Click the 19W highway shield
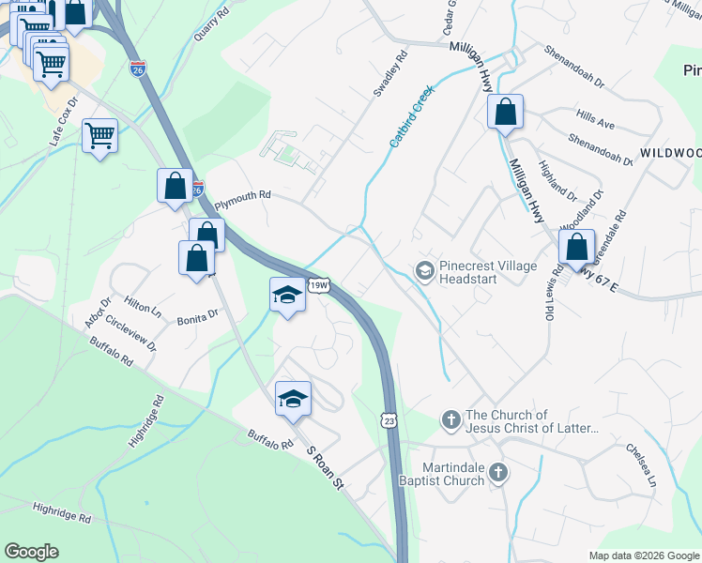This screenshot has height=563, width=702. coord(319,285)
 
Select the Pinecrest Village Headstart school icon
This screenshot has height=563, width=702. coord(424,272)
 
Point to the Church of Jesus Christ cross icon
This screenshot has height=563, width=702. coord(450,421)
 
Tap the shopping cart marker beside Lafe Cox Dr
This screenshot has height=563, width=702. coord(99,135)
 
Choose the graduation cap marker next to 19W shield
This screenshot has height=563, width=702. coord(287,296)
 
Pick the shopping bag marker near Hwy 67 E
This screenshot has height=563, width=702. coord(577,248)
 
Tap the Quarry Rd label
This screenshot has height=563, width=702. coord(211,25)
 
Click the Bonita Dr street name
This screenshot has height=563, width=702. coord(197,318)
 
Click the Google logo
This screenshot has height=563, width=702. coord(32,552)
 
